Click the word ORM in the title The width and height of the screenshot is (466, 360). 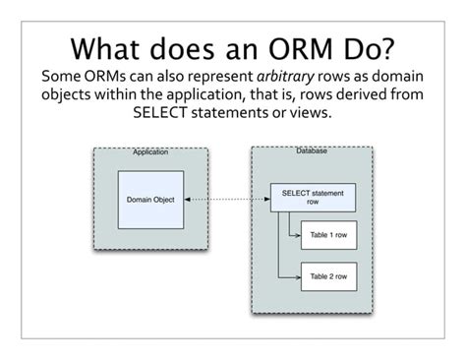click(295, 46)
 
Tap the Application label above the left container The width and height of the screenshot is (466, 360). click(149, 152)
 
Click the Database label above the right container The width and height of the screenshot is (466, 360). click(312, 150)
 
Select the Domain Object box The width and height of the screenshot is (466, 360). click(149, 200)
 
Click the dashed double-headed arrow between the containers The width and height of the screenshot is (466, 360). click(226, 200)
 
